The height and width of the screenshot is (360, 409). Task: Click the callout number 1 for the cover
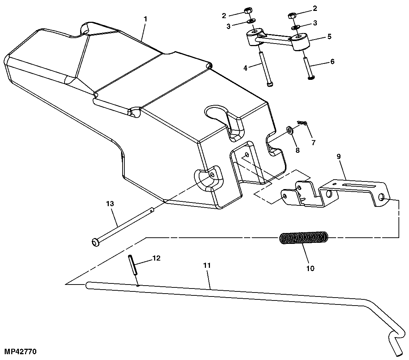pos(145,19)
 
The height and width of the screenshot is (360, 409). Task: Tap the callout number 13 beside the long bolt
pos(110,204)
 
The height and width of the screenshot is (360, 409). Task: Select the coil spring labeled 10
pos(304,238)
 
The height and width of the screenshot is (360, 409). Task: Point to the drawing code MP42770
pos(20,352)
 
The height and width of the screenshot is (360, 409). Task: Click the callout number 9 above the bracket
pos(338,157)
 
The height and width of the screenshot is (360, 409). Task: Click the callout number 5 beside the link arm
pos(329,36)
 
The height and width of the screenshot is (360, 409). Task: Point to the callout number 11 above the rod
pos(207,266)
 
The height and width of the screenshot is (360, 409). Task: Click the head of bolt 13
pos(95,242)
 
